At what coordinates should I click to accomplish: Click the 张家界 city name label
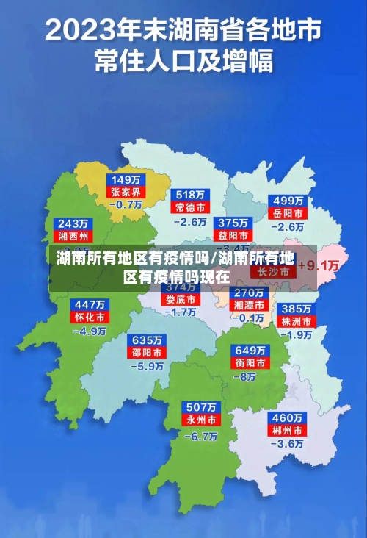pyautogui.click(x=126, y=192)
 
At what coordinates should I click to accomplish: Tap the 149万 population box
pyautogui.click(x=126, y=179)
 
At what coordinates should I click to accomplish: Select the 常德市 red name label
pyautogui.click(x=191, y=208)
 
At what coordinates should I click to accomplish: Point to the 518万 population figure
pyautogui.click(x=191, y=196)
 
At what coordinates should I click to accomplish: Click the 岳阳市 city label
pyautogui.click(x=288, y=213)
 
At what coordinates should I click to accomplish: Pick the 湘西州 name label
pyautogui.click(x=73, y=236)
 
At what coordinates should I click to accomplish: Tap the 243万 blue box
pyautogui.click(x=73, y=223)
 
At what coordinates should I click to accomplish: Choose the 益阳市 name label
pyautogui.click(x=232, y=235)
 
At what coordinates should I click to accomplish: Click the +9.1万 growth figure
pyautogui.click(x=321, y=265)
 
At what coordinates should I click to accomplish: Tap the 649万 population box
pyautogui.click(x=250, y=349)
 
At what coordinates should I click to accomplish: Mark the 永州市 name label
pyautogui.click(x=200, y=420)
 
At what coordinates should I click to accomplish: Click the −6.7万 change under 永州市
pyautogui.click(x=200, y=436)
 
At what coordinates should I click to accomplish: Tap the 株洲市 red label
pyautogui.click(x=297, y=321)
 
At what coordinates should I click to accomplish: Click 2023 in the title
pyautogui.click(x=82, y=31)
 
